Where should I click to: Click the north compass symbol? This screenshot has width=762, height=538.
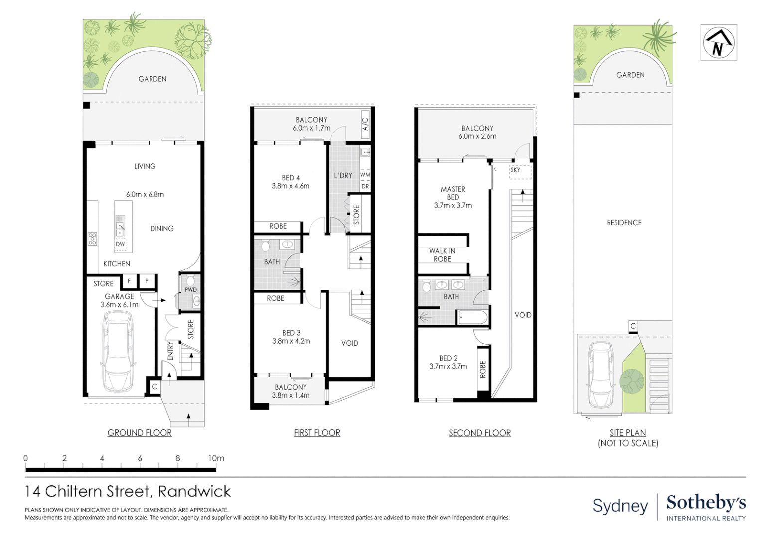point(718,43)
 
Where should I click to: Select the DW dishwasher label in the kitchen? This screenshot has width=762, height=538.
point(120,244)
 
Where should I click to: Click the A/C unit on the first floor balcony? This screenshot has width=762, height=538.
point(365,124)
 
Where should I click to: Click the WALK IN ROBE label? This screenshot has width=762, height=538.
point(442,255)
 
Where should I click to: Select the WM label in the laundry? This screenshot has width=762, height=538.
point(365,175)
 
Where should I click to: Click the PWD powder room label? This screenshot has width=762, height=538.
point(190,290)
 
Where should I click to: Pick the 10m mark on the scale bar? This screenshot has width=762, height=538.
point(216,458)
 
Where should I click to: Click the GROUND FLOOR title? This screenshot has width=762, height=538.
point(140,433)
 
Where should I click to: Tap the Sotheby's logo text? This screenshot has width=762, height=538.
point(706,503)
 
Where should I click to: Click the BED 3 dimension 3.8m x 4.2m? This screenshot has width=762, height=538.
point(291,341)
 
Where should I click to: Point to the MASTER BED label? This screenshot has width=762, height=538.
point(453,193)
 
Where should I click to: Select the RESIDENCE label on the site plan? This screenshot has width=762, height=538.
point(624,223)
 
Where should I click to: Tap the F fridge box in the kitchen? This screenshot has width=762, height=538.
point(130,281)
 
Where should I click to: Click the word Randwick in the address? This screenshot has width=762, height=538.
point(194,492)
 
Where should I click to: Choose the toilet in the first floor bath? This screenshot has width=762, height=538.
point(265,246)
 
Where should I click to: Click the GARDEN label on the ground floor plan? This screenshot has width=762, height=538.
point(152,79)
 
